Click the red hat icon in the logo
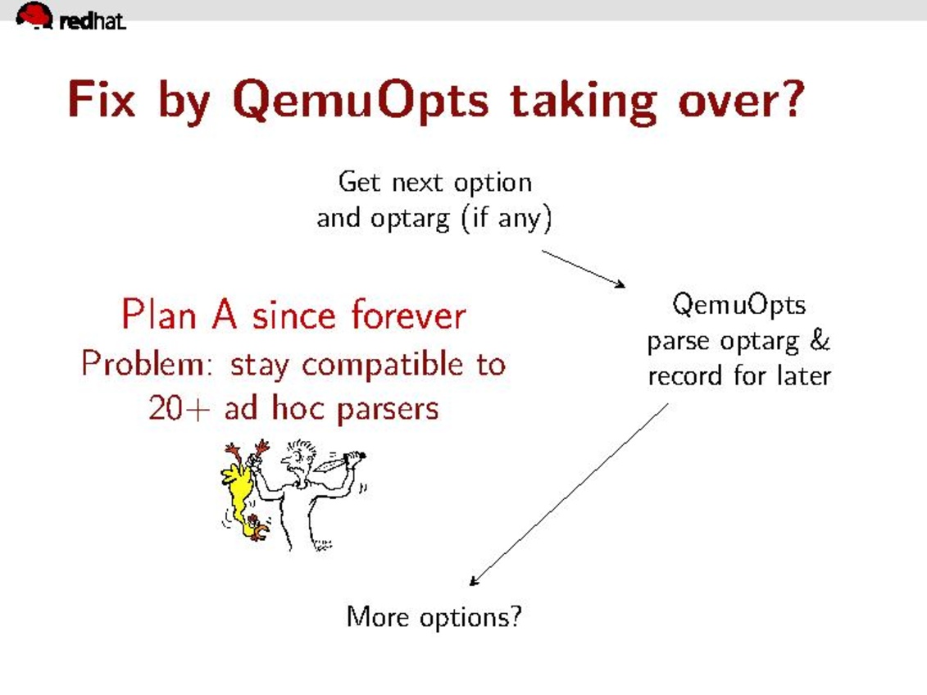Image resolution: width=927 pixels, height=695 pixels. [34, 14]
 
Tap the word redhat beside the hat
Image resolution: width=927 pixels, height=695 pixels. [93, 21]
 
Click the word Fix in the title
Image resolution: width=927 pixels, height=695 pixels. [102, 99]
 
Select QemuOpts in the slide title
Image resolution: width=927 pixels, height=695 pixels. [361, 102]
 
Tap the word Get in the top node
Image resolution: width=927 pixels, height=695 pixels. [359, 182]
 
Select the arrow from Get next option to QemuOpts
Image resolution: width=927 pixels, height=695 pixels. [584, 269]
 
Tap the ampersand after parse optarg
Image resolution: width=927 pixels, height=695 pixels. [820, 340]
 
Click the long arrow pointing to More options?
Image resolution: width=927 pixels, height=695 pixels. [569, 495]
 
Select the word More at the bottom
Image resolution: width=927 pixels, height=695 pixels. [377, 617]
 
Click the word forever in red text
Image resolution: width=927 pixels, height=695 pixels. [408, 315]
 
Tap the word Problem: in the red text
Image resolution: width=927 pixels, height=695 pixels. [147, 363]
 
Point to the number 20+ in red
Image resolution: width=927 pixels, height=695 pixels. [179, 408]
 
